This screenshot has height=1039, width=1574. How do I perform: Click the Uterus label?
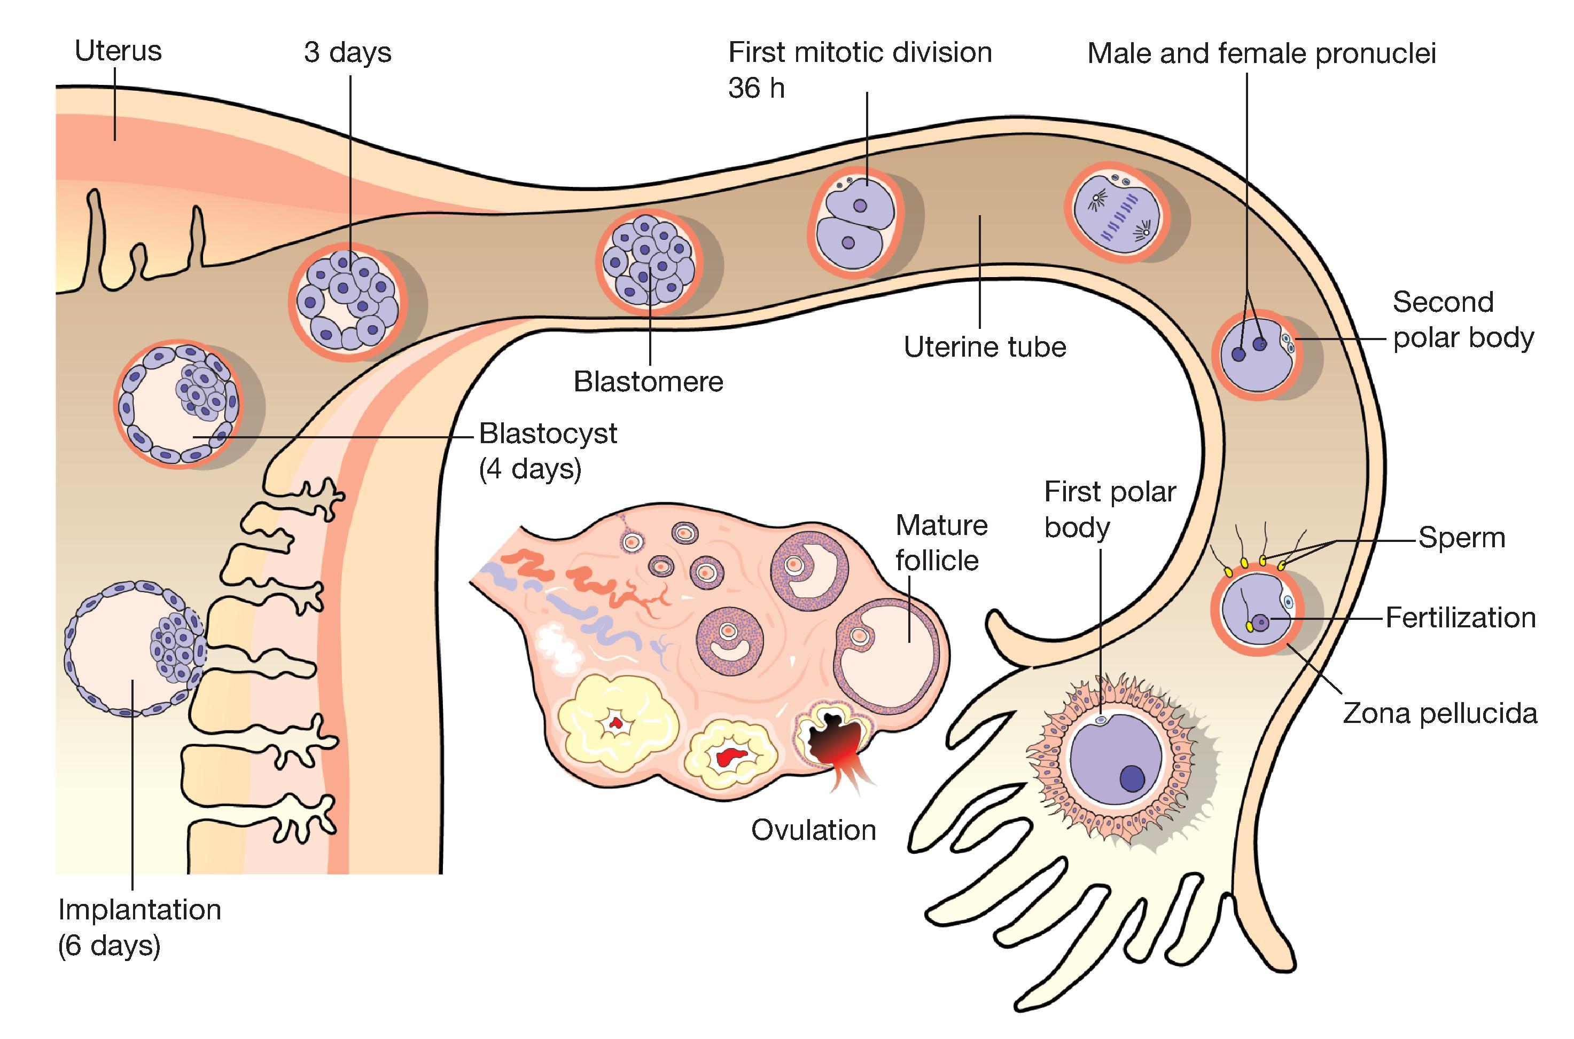[x=118, y=51]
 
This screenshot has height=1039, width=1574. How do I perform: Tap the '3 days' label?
[x=347, y=52]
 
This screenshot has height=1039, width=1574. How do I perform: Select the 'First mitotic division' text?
[x=860, y=52]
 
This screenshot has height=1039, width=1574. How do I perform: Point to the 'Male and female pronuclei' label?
[x=1261, y=54]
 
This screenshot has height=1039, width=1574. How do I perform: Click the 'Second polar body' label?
[x=1463, y=320]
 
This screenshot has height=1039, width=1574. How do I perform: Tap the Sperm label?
[x=1461, y=538]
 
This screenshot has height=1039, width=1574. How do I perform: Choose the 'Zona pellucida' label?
[x=1439, y=714]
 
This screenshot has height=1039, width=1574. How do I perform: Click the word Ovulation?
[x=814, y=830]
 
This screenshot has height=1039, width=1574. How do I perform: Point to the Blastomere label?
[x=648, y=382]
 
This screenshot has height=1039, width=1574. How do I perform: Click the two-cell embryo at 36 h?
[x=855, y=222]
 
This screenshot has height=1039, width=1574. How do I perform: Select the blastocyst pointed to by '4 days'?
[x=179, y=404]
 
